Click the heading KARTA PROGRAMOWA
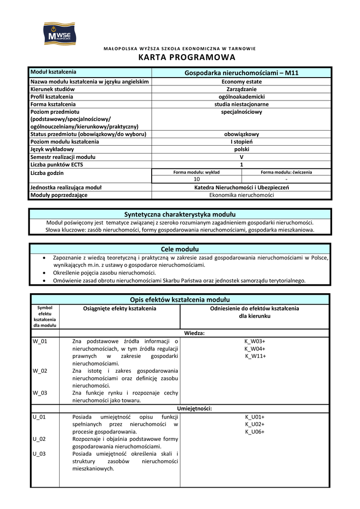point(180,58)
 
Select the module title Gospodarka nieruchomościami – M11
point(241,73)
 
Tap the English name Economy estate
point(242,82)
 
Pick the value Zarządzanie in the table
point(242,89)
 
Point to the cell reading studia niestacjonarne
point(242,104)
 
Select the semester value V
point(242,157)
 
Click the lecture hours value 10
point(196,179)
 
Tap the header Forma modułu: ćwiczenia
point(286,172)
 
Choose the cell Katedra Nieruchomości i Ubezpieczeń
point(242,187)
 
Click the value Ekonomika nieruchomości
point(242,195)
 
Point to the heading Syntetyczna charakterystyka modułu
point(180,214)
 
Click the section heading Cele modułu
point(180,249)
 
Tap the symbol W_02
point(40,371)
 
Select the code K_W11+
point(256,356)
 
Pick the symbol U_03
point(39,454)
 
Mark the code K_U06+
point(255,432)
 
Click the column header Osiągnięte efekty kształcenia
point(119,309)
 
